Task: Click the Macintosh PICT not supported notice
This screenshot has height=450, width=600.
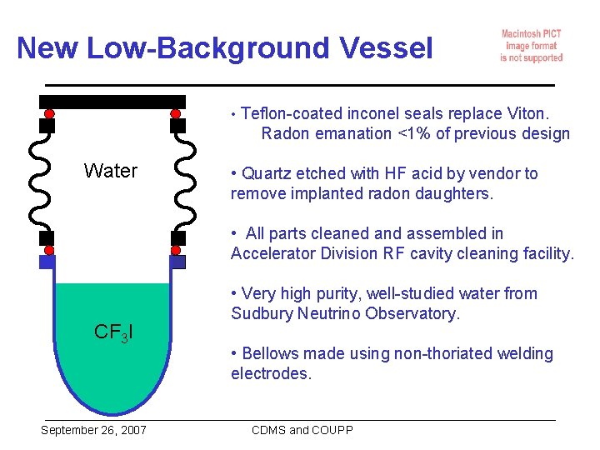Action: click(531, 46)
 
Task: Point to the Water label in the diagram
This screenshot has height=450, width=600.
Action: click(111, 171)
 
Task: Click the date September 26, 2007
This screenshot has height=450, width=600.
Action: click(93, 430)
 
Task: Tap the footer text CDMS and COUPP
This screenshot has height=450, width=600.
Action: click(302, 430)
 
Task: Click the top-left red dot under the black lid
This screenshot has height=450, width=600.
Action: click(49, 113)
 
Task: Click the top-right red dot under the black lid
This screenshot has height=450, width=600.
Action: click(176, 113)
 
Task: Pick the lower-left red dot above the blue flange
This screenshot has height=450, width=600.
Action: click(49, 250)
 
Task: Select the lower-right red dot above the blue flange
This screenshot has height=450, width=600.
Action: click(176, 250)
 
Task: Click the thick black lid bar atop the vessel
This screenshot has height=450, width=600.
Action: click(112, 102)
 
